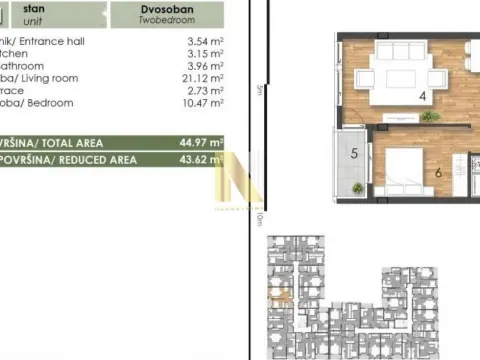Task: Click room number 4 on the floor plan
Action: pyautogui.click(x=395, y=96)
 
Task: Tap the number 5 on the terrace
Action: pyautogui.click(x=354, y=154)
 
